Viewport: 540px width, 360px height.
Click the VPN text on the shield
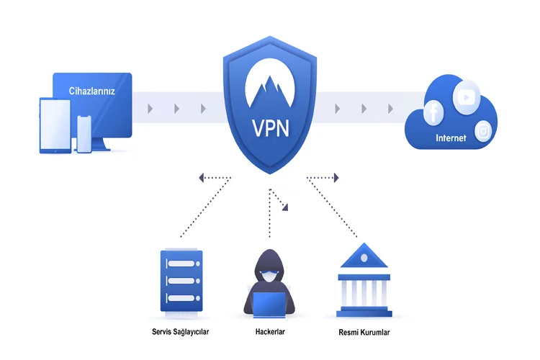(x=271, y=128)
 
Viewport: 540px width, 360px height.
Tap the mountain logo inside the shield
(x=270, y=86)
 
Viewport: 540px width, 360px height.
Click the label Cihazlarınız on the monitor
(x=91, y=91)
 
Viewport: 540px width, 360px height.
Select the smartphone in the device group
(x=84, y=134)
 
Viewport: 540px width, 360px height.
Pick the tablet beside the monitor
(x=55, y=126)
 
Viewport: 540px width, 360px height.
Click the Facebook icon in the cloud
(x=433, y=112)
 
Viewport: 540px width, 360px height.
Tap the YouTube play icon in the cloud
(x=467, y=97)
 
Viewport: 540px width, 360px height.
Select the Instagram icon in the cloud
(x=483, y=131)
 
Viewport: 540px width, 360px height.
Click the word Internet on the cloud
(x=451, y=138)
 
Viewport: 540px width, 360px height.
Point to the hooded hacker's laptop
(x=270, y=305)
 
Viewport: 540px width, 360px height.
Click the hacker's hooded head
(x=270, y=266)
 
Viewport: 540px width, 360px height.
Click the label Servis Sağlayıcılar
(x=181, y=332)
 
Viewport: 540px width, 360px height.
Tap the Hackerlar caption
(x=270, y=332)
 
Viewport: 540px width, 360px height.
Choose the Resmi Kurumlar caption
(x=364, y=333)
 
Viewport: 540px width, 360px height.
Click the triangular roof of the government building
(x=364, y=256)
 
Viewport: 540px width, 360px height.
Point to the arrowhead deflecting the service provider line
(x=202, y=178)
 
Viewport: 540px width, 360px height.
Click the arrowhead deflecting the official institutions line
(x=336, y=178)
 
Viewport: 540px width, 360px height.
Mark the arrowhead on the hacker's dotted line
(x=285, y=207)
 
